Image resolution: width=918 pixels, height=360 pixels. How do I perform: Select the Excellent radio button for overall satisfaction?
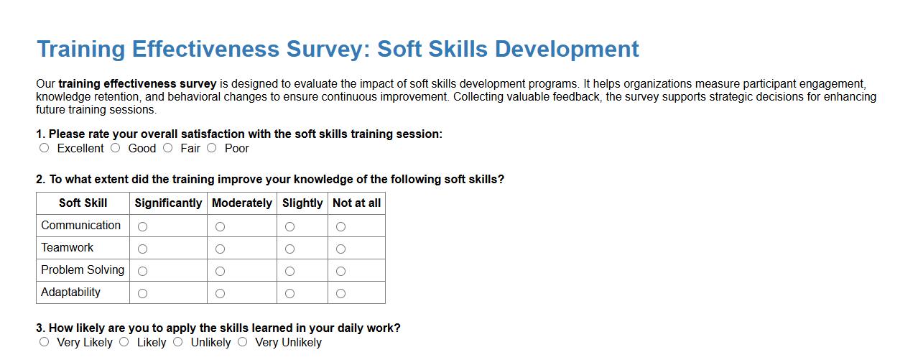[45, 148]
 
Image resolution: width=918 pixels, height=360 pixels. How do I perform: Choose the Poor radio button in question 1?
[211, 148]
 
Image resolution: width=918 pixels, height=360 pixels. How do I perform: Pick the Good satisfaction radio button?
[116, 148]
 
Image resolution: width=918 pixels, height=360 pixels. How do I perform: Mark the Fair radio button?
[167, 148]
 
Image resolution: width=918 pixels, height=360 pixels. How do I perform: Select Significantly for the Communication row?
[142, 226]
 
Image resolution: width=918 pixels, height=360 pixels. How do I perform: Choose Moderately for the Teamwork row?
[220, 249]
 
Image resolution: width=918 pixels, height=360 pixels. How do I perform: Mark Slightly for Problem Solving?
[289, 271]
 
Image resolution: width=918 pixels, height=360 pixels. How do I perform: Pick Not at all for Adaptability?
[340, 293]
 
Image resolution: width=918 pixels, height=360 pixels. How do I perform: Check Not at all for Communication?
[340, 226]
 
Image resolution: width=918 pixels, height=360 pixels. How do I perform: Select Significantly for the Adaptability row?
[142, 293]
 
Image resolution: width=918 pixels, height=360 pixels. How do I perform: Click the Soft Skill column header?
[83, 203]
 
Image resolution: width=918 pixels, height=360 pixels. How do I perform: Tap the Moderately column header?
[241, 203]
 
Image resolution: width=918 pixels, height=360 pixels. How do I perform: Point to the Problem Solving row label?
[83, 270]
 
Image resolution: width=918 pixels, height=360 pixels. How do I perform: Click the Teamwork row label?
[68, 248]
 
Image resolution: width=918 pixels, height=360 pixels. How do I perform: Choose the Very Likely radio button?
[45, 342]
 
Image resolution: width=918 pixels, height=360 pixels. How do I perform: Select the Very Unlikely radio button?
[243, 342]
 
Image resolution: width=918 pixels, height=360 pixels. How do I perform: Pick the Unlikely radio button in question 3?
[178, 342]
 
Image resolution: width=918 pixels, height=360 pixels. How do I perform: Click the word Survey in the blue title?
[326, 50]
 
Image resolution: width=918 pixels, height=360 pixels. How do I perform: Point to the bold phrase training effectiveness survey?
[137, 84]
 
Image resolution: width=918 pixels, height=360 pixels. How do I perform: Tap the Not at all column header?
[356, 203]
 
